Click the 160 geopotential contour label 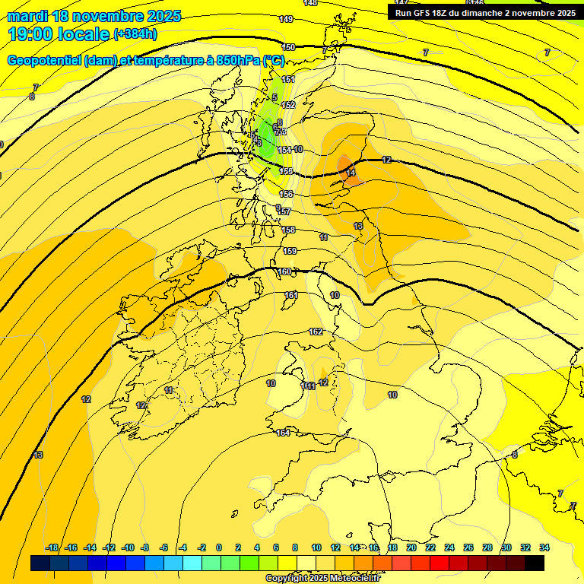pos(284,271)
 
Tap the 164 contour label pos(283,433)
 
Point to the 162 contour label pos(316,332)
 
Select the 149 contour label pos(287,19)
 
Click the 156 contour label pos(286,195)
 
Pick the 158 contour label pos(288,230)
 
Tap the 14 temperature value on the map pos(351,173)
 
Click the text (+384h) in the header pos(135,34)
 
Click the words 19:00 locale pos(59,34)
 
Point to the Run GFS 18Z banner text pos(484,13)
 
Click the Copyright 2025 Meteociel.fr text pos(322,579)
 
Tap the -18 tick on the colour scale pos(52,547)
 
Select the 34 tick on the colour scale pos(544,547)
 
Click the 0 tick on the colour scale pos(219,547)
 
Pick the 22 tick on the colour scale pos(430,547)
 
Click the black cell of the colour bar pos(535,563)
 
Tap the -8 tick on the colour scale pos(144,547)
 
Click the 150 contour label pos(288,47)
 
